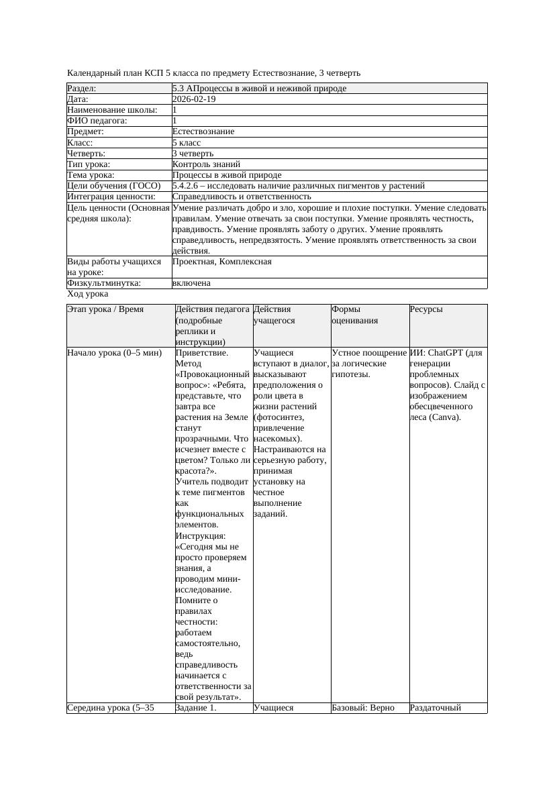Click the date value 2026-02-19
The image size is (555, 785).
[x=193, y=99]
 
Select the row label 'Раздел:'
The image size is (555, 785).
[x=82, y=89]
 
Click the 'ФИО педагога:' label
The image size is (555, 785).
[x=97, y=121]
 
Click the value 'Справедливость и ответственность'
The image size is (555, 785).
[x=241, y=197]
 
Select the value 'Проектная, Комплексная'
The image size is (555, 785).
[x=221, y=262]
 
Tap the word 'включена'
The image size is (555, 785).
[x=191, y=283]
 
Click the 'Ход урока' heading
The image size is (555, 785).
[x=88, y=294]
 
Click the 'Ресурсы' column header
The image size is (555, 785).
[x=425, y=310]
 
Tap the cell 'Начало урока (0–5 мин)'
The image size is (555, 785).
[x=115, y=353]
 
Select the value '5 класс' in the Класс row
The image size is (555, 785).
[x=187, y=142]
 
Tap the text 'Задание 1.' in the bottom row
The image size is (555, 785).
[x=196, y=707]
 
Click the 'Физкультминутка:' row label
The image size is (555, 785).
[x=104, y=283]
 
